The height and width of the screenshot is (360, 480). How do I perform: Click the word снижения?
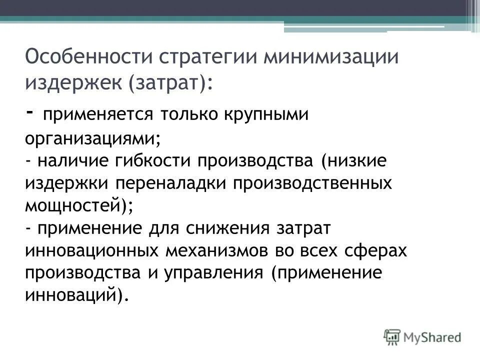pos(226,228)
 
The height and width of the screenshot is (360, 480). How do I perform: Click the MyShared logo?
pos(422,337)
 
